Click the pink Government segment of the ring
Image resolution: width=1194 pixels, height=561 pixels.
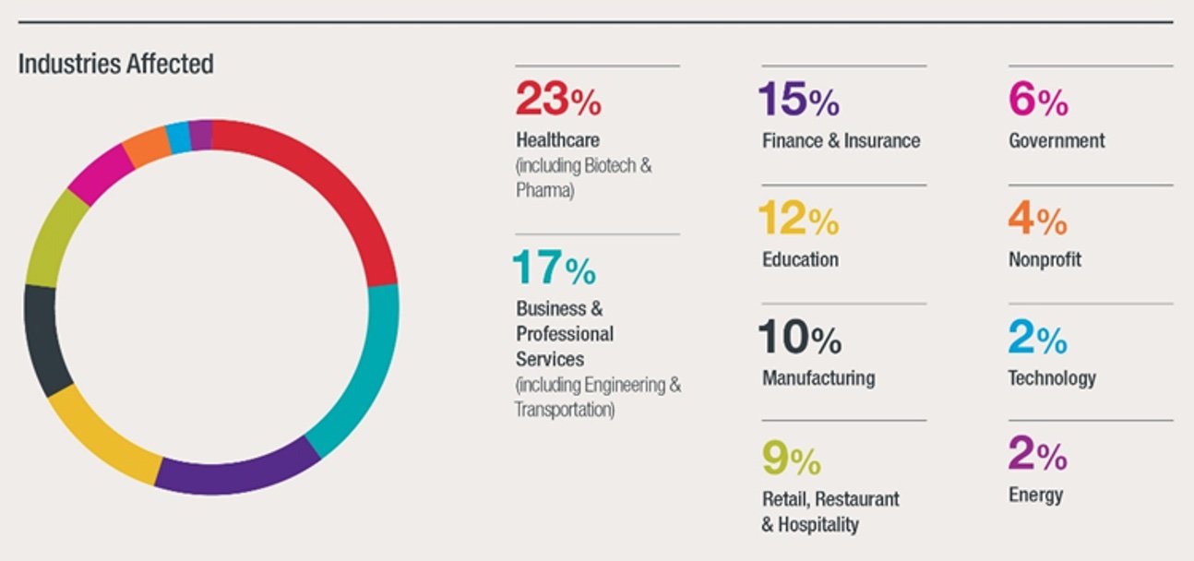[x=100, y=173]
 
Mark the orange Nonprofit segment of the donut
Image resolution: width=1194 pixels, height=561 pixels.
[x=146, y=148]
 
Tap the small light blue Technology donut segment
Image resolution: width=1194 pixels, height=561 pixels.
[x=178, y=137]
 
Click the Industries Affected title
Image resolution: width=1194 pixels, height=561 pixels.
[x=115, y=64]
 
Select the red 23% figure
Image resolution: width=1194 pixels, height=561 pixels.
[x=557, y=99]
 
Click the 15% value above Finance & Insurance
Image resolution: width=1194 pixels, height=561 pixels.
[x=798, y=100]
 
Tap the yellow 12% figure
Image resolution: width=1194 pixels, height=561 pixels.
[x=798, y=219]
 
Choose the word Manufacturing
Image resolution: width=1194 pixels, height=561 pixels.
[x=818, y=378]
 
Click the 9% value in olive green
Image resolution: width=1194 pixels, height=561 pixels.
[x=791, y=459]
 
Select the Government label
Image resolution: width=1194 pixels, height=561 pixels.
[x=1057, y=141]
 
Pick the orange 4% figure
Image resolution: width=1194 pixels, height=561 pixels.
[x=1037, y=219]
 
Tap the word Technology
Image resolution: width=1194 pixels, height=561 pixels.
[x=1052, y=378]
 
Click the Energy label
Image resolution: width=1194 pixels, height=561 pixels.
[x=1035, y=496]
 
